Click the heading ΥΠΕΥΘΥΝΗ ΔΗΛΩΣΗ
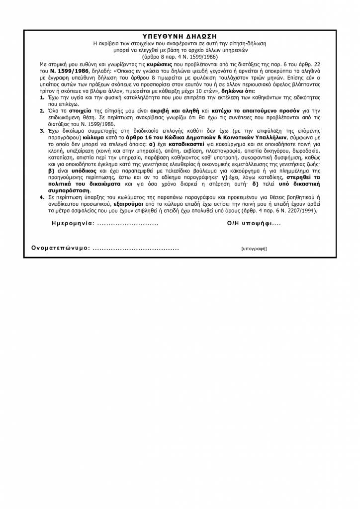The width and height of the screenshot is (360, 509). coord(180,36)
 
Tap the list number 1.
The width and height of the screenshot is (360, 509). coord(42,99)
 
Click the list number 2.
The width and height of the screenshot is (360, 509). coord(42,110)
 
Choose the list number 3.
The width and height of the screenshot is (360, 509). coord(42,130)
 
